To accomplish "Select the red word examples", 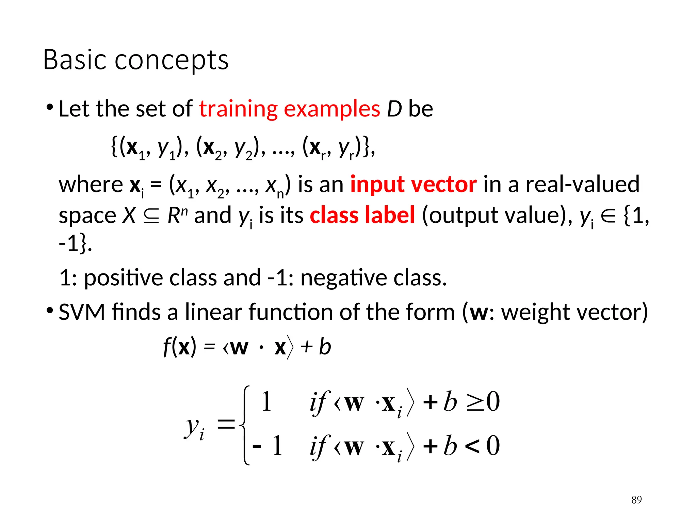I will (332, 110).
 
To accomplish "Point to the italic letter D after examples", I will (394, 109).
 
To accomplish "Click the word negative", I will (344, 278).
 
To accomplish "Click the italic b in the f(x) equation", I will (325, 347).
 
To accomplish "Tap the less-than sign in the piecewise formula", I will (472, 446).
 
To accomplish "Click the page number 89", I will (636, 500).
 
